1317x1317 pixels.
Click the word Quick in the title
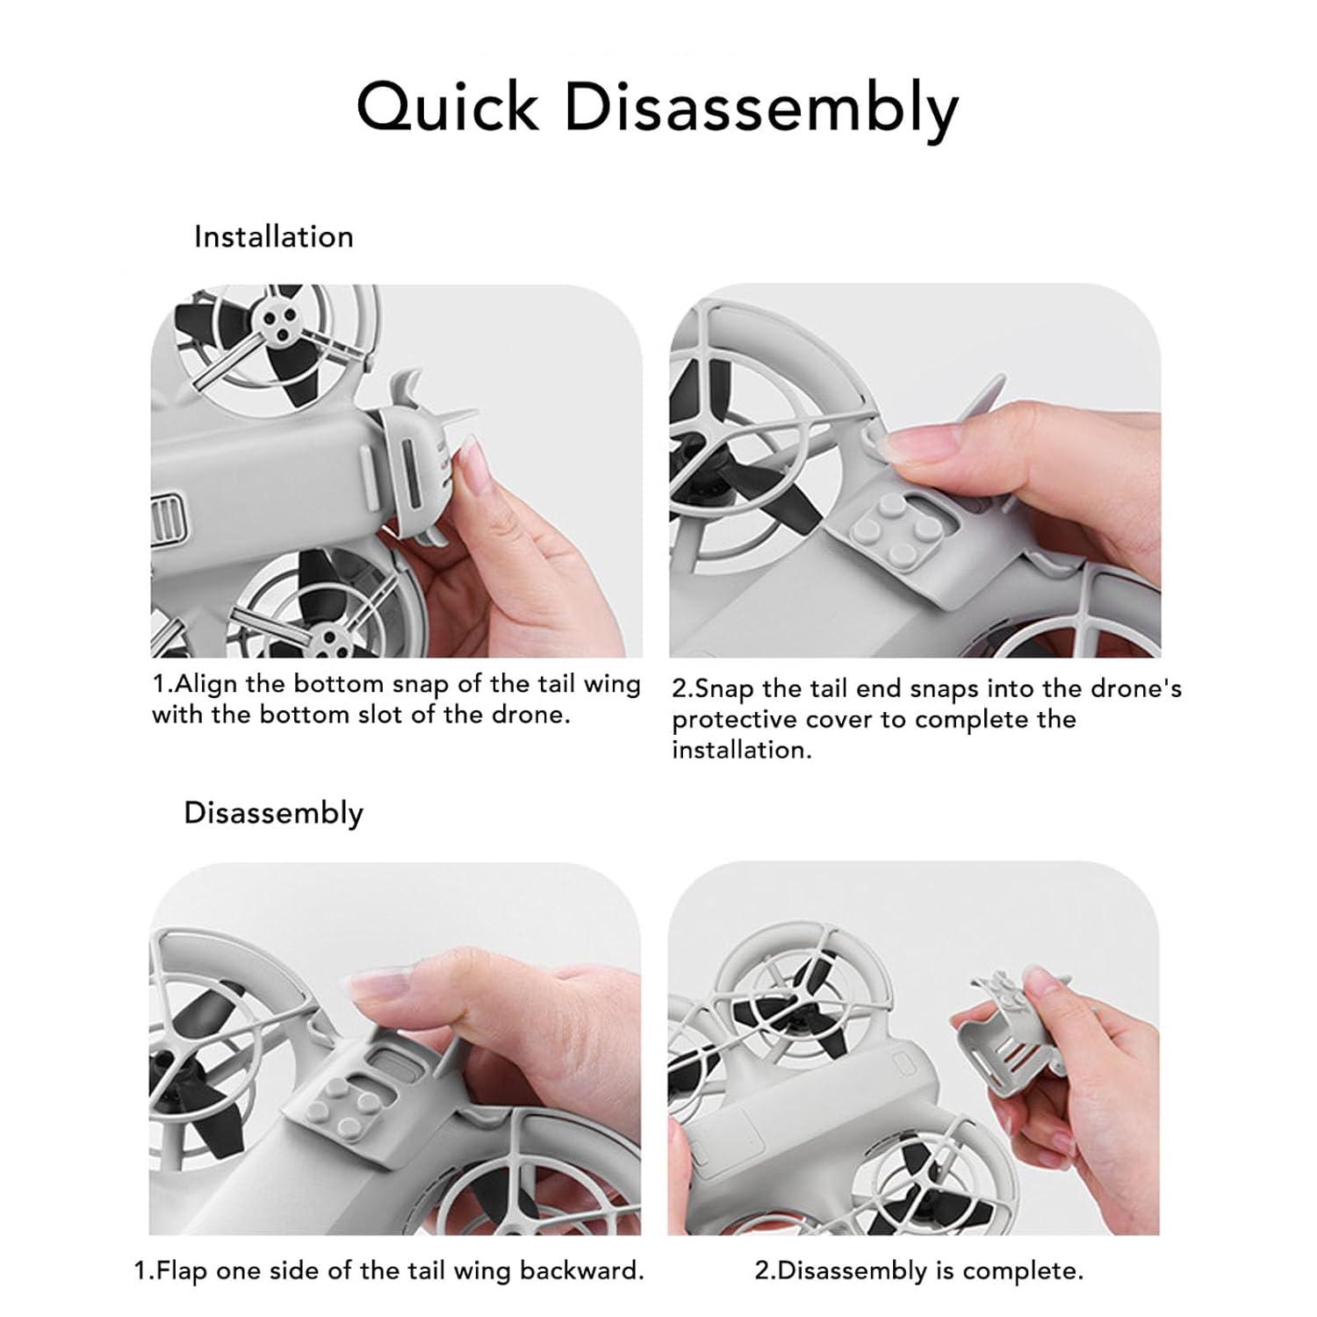click(448, 107)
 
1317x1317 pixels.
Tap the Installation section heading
click(274, 237)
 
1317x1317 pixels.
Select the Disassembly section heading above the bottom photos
click(273, 814)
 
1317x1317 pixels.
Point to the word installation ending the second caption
click(742, 750)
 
